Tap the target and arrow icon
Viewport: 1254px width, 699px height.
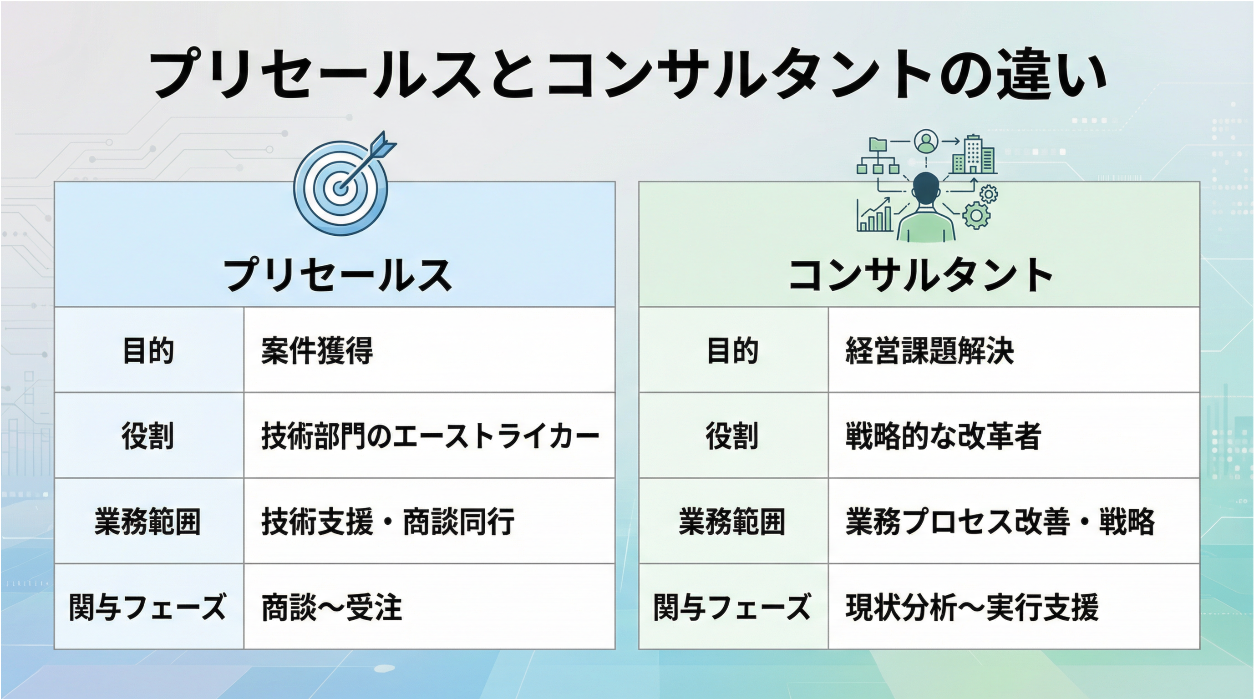[x=344, y=184]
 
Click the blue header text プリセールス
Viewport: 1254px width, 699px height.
[x=337, y=275]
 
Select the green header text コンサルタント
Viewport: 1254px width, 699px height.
[x=920, y=275]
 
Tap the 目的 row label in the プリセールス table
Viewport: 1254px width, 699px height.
[x=148, y=350]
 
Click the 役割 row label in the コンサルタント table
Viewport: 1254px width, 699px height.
[x=733, y=436]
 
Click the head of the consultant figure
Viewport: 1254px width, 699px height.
[x=926, y=189]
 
